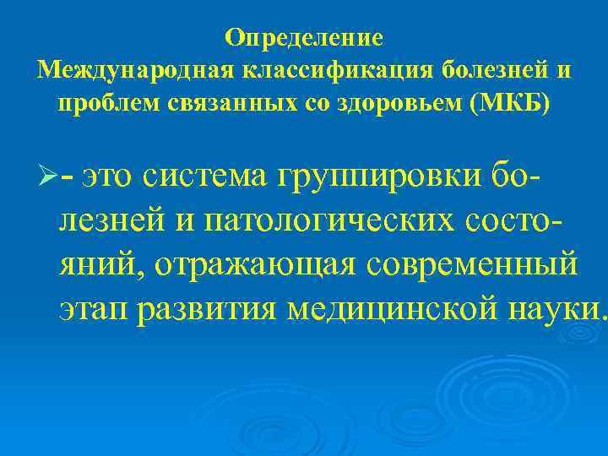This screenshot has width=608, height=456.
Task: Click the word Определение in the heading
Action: click(305, 38)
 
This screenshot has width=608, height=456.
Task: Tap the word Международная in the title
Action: click(112, 70)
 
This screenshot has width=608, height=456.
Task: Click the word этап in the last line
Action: click(94, 310)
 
